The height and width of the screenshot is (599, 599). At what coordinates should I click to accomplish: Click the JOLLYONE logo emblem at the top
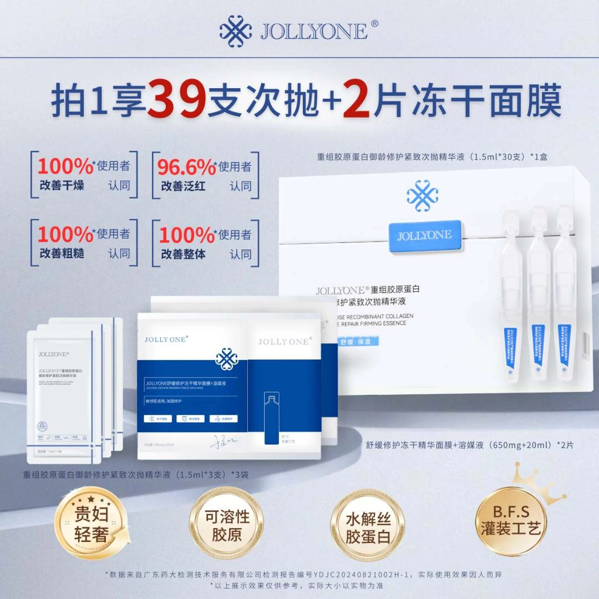236,30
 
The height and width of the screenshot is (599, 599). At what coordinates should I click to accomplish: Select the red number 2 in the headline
357,101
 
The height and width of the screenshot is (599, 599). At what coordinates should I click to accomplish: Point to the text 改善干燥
62,185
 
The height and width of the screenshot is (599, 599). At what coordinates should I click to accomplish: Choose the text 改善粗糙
62,253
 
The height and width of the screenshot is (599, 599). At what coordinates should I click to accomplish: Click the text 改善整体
183,253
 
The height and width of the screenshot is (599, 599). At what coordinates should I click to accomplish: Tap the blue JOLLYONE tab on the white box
424,235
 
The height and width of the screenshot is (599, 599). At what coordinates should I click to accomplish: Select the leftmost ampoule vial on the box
511,294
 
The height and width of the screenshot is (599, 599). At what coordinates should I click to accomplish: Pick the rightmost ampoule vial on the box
565,294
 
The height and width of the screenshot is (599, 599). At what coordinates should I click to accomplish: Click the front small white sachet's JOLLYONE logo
54,353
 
